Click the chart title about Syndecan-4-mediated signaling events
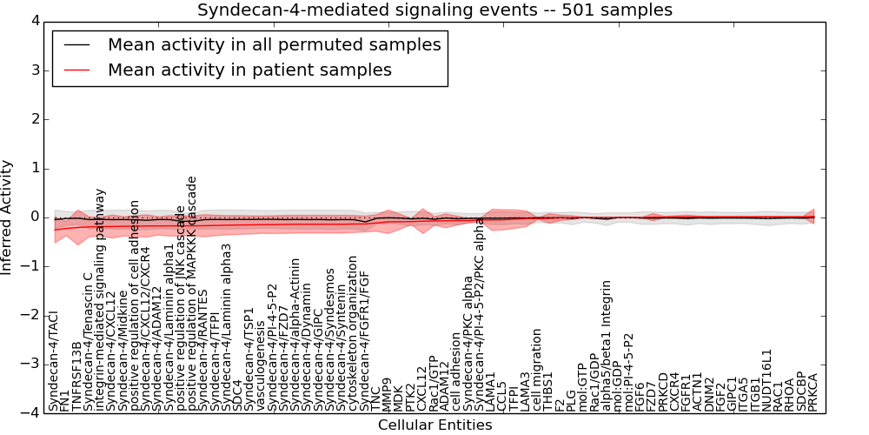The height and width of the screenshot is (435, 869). click(x=434, y=10)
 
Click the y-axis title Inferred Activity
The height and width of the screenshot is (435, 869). click(x=8, y=217)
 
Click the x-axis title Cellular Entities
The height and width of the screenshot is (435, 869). click(x=434, y=425)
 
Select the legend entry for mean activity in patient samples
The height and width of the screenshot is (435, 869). click(x=249, y=70)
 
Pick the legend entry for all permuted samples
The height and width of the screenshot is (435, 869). click(x=274, y=44)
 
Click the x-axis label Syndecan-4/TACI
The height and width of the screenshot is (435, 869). click(x=54, y=361)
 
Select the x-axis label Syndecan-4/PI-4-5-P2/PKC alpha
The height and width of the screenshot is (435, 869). click(x=480, y=314)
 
